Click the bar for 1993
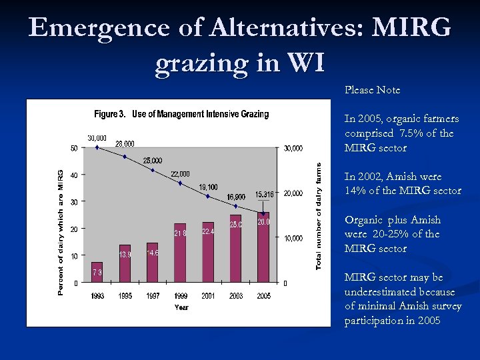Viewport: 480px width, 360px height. [x=97, y=272]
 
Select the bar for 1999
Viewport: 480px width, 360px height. [x=180, y=253]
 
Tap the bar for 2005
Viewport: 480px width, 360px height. [x=263, y=247]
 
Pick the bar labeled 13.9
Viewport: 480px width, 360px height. [x=125, y=263]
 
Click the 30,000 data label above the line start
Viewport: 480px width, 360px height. [x=97, y=138]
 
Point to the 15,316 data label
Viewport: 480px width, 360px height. [x=265, y=195]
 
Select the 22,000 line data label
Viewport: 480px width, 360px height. [x=179, y=174]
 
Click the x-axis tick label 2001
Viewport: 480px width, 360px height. [x=208, y=295]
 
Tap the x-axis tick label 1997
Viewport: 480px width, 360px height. [x=153, y=295]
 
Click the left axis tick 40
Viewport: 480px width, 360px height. [x=75, y=175]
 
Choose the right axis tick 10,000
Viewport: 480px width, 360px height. [x=293, y=238]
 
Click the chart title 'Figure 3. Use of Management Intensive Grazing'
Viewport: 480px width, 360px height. [x=181, y=114]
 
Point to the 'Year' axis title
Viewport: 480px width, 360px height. [x=181, y=307]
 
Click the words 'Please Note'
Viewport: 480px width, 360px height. [x=372, y=89]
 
